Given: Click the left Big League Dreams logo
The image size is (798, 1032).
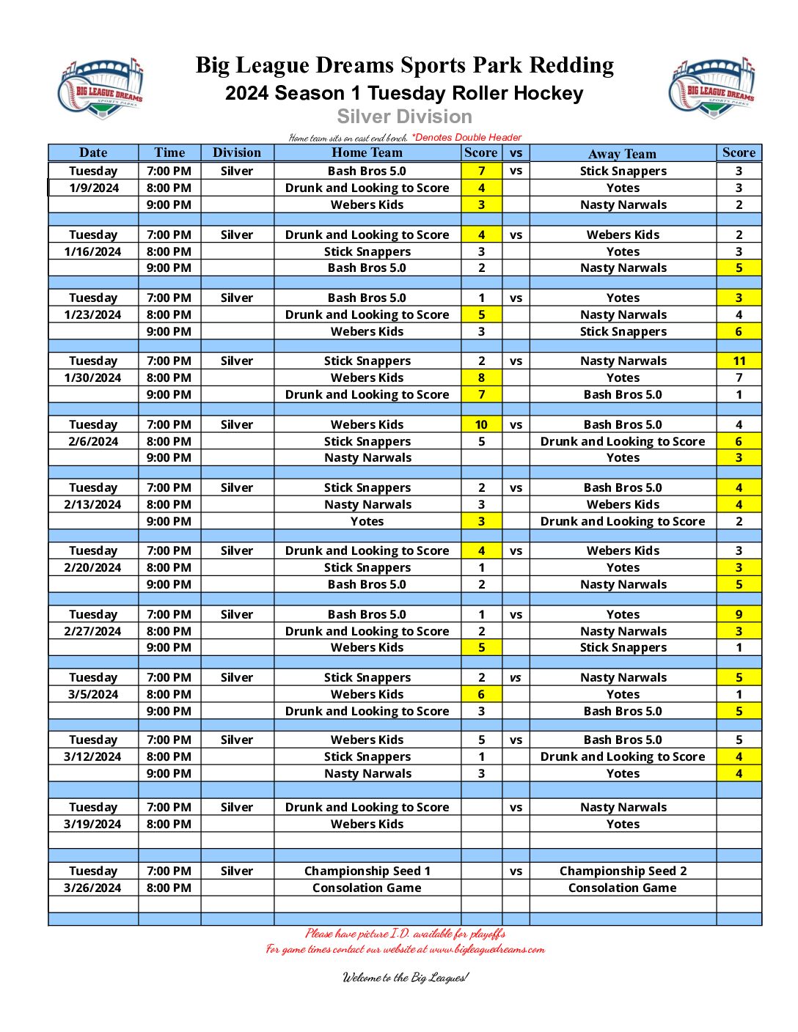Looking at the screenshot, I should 100,88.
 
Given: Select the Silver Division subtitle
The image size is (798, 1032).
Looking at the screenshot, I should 404,117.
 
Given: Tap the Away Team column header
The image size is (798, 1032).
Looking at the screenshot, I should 622,153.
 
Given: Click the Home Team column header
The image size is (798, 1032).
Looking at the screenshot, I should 367,152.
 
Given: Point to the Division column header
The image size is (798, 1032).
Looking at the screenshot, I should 236,152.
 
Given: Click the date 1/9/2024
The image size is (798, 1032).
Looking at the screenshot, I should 93,188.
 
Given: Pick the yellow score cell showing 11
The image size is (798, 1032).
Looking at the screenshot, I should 739,361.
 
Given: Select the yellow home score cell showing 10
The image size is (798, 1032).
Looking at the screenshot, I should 481,424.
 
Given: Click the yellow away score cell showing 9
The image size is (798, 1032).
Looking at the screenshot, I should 739,614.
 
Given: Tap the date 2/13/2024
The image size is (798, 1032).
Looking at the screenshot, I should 93,504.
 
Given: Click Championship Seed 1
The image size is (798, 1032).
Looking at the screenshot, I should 367,871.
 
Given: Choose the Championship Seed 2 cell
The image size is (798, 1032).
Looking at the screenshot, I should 623,871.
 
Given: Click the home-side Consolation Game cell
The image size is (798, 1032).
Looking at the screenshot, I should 367,888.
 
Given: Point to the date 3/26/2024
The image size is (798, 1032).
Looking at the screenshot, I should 93,888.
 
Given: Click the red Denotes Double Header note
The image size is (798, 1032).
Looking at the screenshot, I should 466,137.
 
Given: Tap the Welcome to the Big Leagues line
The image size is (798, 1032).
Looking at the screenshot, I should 405,977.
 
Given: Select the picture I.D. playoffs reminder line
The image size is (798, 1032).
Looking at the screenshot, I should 405,933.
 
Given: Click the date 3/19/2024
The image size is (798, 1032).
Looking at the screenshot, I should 93,824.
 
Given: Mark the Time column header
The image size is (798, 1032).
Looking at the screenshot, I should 169,152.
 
